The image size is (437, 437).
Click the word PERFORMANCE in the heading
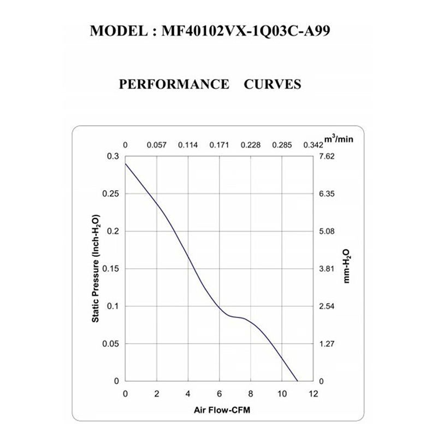(174, 85)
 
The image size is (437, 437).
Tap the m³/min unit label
(340, 139)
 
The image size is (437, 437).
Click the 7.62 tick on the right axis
(326, 157)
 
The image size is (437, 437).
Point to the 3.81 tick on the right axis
(326, 269)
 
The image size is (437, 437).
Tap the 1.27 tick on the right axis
(326, 344)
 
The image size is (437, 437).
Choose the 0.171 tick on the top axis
(219, 146)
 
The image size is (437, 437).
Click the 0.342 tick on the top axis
(313, 146)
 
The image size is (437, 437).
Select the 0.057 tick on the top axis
(157, 146)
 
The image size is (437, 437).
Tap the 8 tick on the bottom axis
(250, 394)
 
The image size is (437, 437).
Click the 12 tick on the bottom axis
(313, 394)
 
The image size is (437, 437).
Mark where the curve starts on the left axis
(126, 163)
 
